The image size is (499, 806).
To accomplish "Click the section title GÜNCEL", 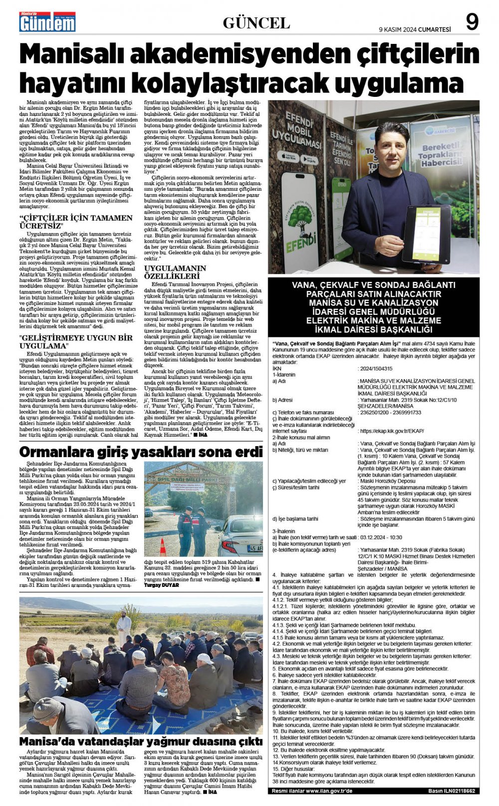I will click(256, 23).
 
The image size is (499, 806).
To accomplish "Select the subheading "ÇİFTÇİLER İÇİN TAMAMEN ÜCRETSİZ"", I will click(76, 222).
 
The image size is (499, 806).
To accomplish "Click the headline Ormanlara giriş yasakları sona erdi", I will click(141, 452).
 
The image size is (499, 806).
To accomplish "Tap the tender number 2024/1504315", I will click(375, 369).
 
